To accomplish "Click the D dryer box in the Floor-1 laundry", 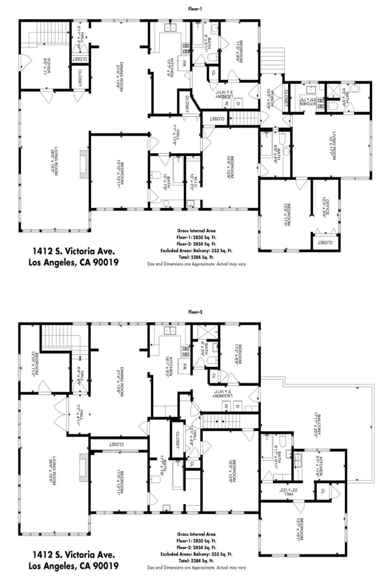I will (238, 103).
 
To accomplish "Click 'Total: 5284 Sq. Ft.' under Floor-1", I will (196, 257).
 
